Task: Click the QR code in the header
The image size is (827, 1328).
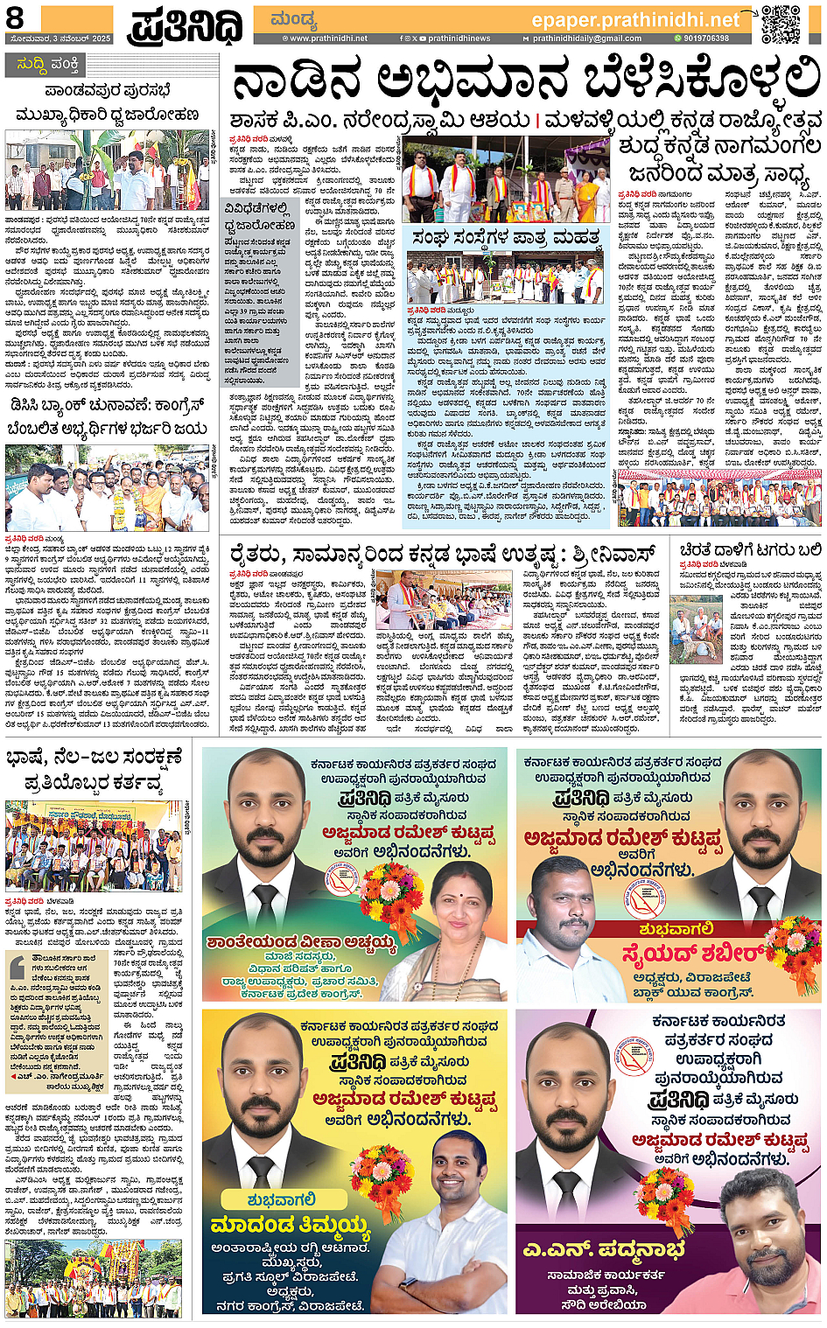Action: coord(780,24)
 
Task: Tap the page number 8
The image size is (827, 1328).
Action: coord(15,18)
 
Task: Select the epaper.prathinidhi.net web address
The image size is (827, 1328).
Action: coord(635,19)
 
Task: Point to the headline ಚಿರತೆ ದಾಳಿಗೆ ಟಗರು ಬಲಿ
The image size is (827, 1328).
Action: coord(750,550)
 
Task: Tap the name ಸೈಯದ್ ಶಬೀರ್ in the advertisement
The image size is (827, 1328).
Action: coord(692,953)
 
